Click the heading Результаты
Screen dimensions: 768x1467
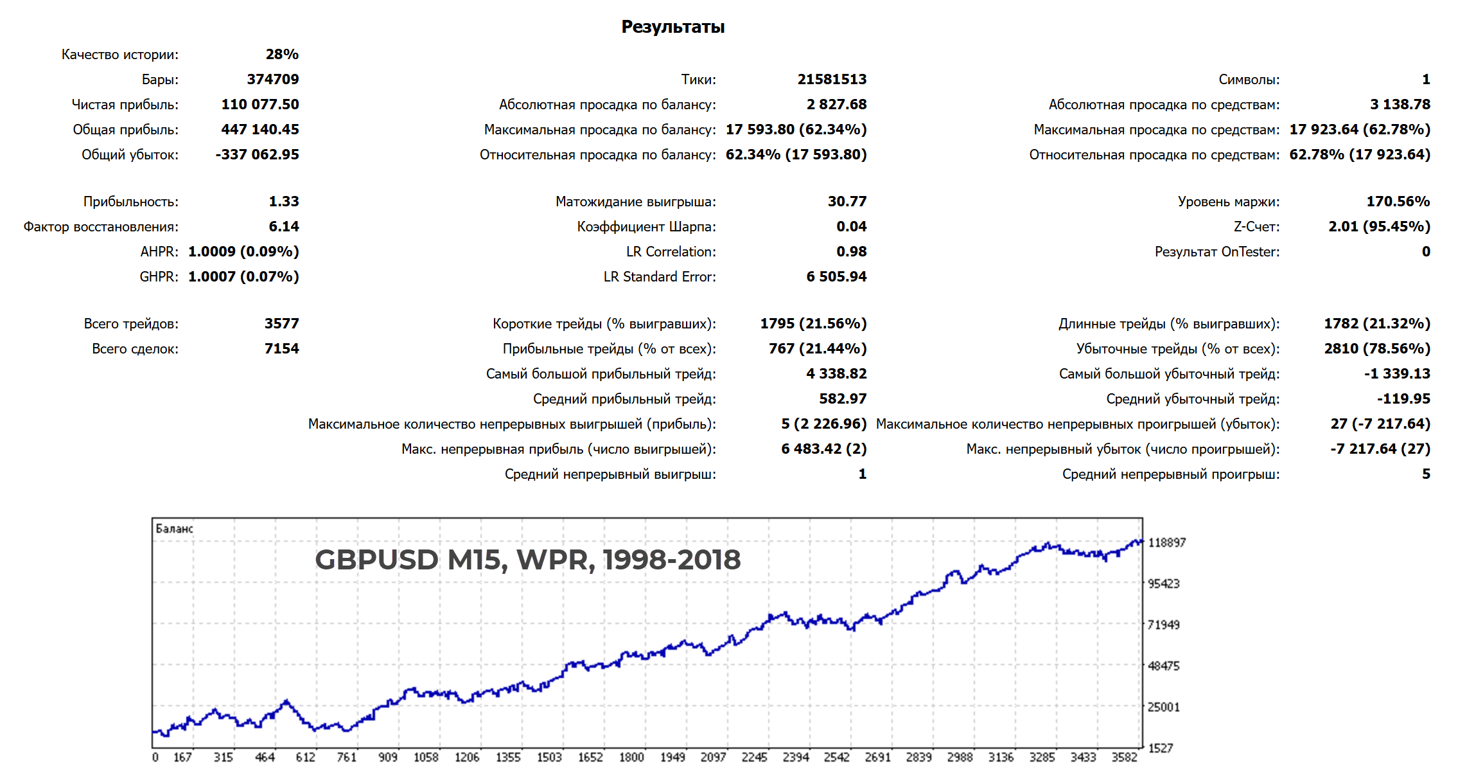coord(672,26)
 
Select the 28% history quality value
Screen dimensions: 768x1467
coord(282,54)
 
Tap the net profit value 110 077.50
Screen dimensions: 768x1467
coord(260,104)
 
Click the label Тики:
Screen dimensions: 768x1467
coord(698,79)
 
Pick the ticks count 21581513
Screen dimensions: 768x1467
coord(832,79)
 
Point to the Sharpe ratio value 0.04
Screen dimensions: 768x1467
coord(851,226)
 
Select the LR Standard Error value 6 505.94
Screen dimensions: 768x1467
coord(836,276)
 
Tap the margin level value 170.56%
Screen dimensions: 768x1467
coord(1398,201)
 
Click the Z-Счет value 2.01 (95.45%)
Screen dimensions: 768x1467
coord(1379,226)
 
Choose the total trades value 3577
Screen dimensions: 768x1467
coord(281,323)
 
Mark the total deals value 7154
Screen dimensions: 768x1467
coord(281,348)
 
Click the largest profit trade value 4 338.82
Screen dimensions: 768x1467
coord(836,373)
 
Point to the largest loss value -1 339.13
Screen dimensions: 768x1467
coord(1397,373)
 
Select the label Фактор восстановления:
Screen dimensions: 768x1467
coord(101,226)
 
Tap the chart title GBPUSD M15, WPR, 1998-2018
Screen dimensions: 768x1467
coord(527,559)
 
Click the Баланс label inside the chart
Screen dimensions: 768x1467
coord(174,528)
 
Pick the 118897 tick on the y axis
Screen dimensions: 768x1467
coord(1166,542)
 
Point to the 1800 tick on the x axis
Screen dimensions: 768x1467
coord(631,757)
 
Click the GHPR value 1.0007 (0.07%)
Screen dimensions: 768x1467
coord(243,276)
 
